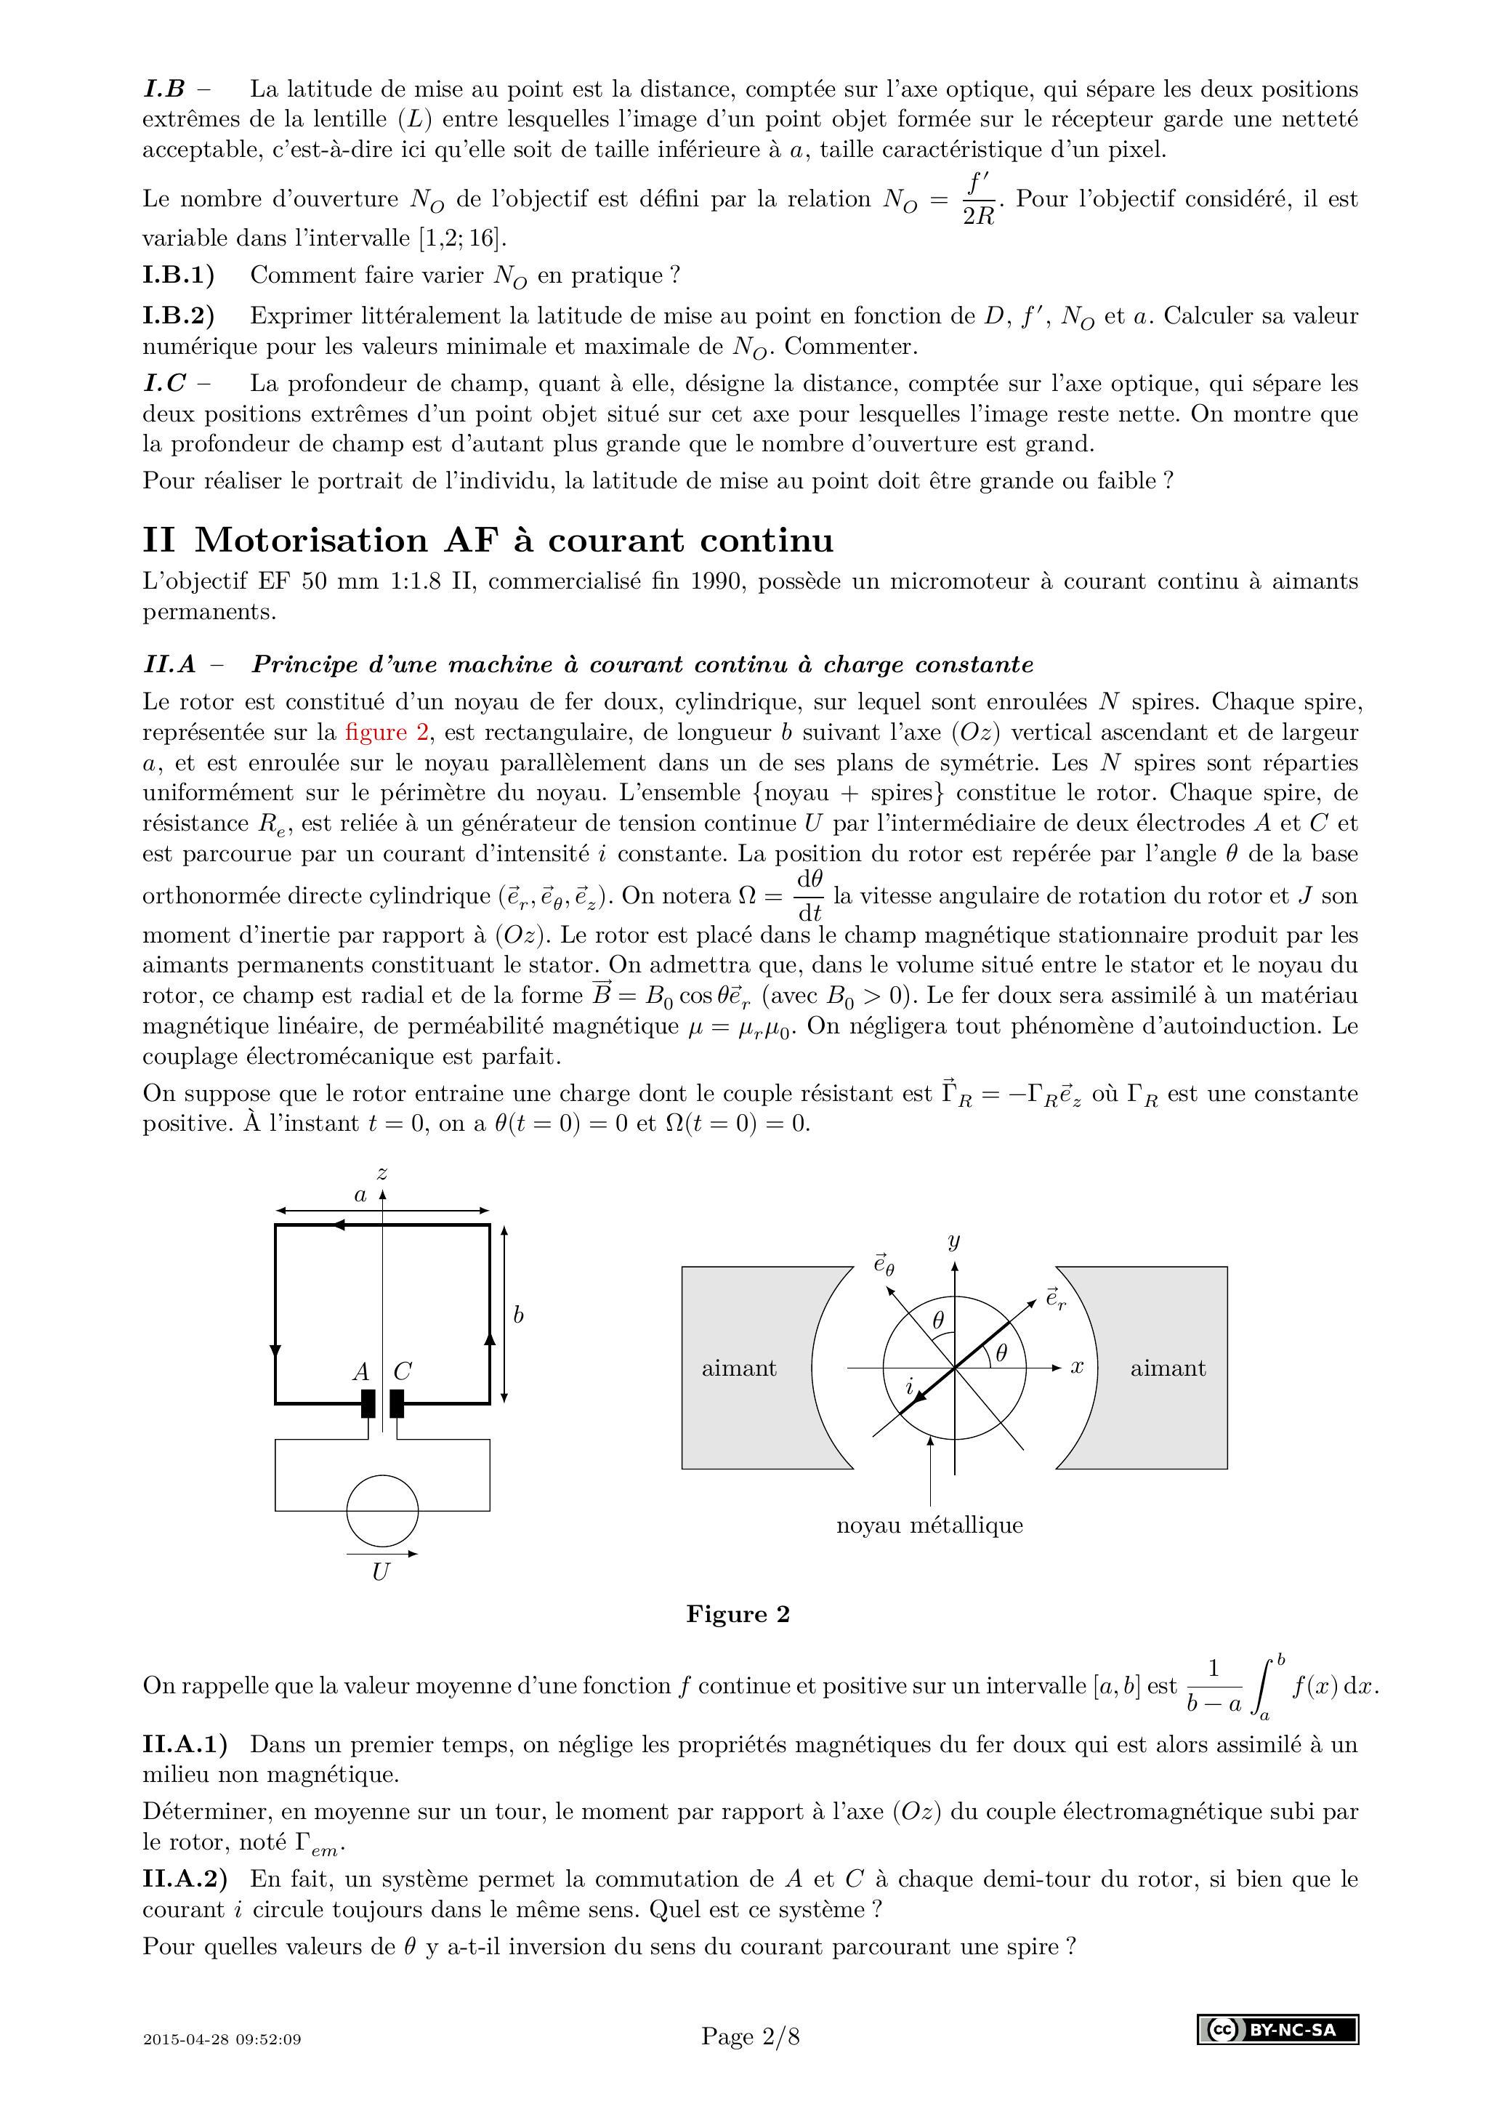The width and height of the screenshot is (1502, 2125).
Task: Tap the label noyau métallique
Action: pyautogui.click(x=929, y=1524)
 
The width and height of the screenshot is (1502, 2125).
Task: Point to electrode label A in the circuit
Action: pyautogui.click(x=361, y=1371)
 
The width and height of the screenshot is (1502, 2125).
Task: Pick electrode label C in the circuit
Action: pyautogui.click(x=402, y=1371)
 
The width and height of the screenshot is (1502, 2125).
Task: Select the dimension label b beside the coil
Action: pyautogui.click(x=518, y=1314)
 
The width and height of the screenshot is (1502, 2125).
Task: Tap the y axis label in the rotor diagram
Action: pyautogui.click(x=954, y=1241)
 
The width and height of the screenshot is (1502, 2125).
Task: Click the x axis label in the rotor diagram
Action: pyautogui.click(x=1077, y=1366)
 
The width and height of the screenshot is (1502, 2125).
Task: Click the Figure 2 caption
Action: pyautogui.click(x=738, y=1614)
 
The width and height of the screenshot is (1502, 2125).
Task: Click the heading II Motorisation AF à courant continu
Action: pyautogui.click(x=488, y=539)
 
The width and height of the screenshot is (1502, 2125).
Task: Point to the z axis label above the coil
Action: pyautogui.click(x=382, y=1174)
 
